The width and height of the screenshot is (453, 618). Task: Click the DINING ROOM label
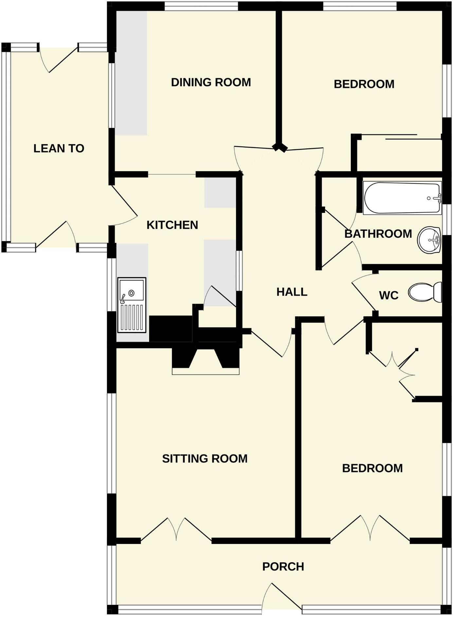pos(211,82)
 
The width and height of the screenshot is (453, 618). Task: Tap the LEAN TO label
pos(59,149)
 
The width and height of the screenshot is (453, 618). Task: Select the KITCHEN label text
pos(172,225)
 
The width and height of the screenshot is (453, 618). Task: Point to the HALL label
pos(292,292)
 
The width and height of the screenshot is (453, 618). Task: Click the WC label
pos(389,296)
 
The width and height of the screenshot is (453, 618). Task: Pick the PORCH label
pos(283,567)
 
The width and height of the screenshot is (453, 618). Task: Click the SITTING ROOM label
pos(205,459)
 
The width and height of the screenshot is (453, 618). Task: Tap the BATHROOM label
pos(378,234)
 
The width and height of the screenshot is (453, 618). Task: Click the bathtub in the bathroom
pos(402,198)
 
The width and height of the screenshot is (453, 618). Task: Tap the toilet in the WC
pos(425,292)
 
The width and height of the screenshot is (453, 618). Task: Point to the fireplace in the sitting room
pos(206,362)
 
